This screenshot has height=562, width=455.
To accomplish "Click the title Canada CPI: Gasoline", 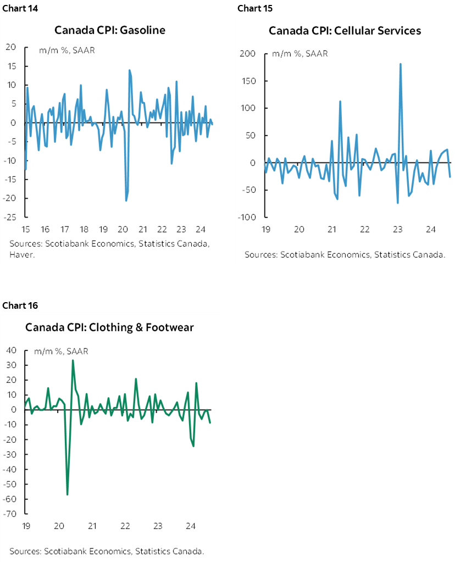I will pos(110,30).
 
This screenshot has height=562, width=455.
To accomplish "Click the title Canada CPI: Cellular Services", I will pos(345,30).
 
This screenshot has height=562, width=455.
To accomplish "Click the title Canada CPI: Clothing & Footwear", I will pos(109,328).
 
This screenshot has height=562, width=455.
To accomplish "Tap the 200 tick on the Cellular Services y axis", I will pos(248,54).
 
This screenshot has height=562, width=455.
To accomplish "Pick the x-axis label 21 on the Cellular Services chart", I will pos(331,230).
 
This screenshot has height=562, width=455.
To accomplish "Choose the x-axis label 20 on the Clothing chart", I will pos(59,526).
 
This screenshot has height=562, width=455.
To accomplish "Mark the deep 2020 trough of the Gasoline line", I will pos(126,201).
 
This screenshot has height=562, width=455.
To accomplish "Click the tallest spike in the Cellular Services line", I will pos(400,64).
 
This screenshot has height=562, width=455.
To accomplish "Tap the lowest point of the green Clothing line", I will pos(67,494).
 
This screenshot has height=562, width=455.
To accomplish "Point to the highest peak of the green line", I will pos(73,360).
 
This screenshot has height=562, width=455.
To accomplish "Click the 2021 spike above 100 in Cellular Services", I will pos(340,101).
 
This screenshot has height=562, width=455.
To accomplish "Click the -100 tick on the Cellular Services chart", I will pos(247,218).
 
